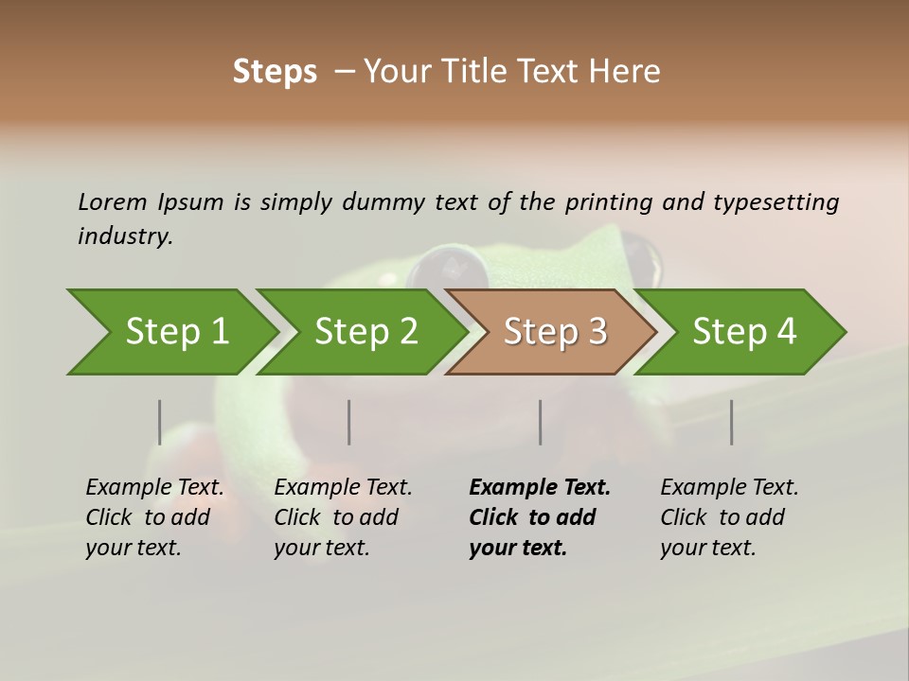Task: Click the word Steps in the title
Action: click(x=275, y=72)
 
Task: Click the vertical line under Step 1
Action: click(x=160, y=422)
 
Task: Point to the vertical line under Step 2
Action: click(x=349, y=422)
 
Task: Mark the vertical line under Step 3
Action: click(x=540, y=422)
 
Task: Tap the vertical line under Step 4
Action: click(x=732, y=422)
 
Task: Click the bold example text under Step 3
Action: click(x=539, y=517)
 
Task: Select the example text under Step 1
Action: click(x=154, y=517)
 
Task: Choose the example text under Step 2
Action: click(x=343, y=517)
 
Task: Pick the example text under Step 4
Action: click(x=729, y=517)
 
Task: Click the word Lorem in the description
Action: click(x=113, y=201)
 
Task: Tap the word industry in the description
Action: click(x=125, y=236)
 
